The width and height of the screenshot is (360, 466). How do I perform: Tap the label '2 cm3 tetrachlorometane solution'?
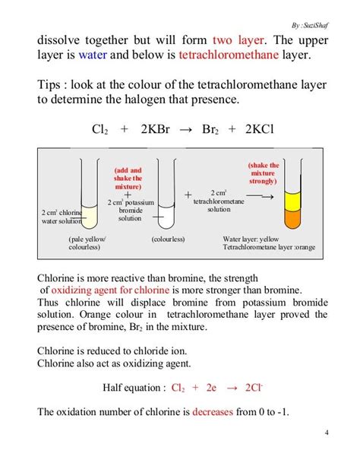point(219,201)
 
